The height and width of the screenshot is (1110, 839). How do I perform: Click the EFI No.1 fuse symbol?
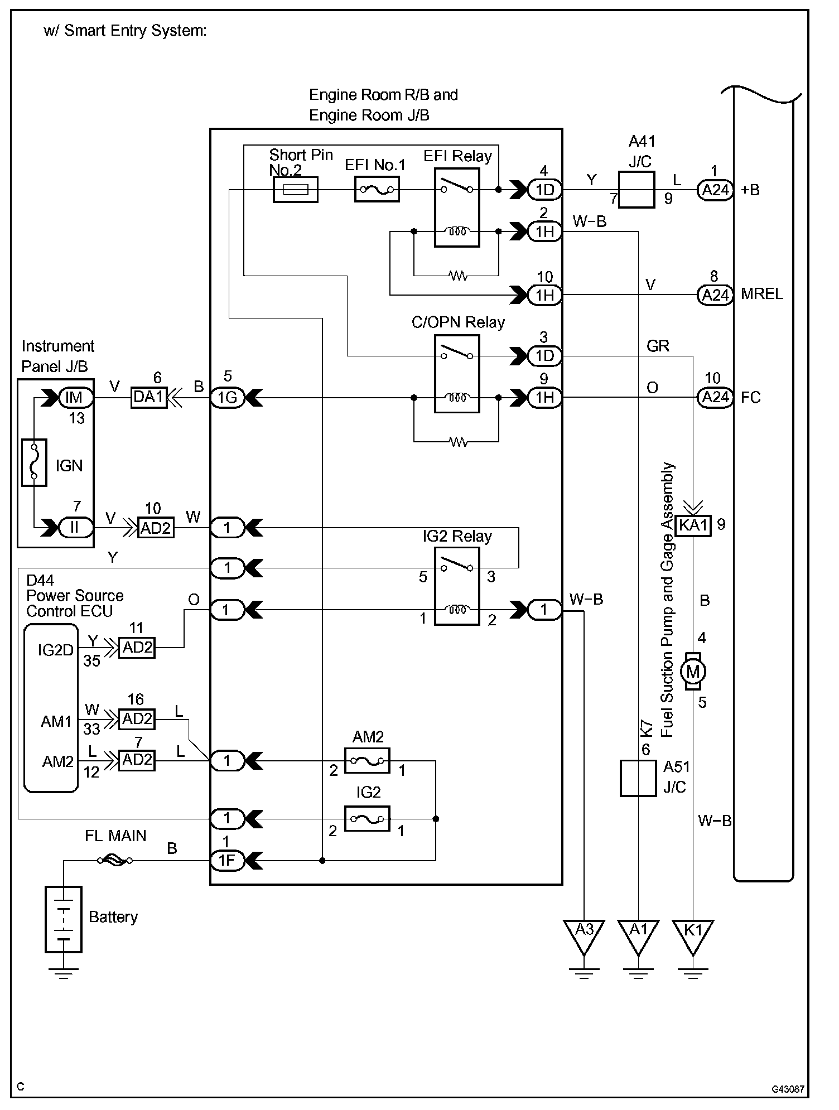click(x=377, y=190)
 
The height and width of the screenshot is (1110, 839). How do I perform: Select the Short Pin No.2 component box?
click(x=295, y=190)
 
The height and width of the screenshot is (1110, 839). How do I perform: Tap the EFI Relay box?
click(x=457, y=208)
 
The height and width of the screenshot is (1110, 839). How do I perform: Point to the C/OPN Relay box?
click(x=457, y=374)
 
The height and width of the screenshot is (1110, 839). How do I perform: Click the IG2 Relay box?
click(x=457, y=586)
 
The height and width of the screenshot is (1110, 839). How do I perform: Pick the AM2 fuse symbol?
click(x=367, y=760)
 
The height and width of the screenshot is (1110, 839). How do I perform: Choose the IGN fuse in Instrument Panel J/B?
click(x=34, y=462)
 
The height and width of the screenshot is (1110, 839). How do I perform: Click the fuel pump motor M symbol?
click(x=693, y=672)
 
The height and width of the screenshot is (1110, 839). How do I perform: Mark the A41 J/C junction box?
click(x=637, y=190)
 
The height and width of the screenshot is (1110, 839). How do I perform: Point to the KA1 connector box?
click(x=693, y=525)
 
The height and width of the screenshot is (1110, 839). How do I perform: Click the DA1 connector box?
click(x=149, y=398)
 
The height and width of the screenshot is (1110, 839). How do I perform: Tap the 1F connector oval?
click(x=226, y=861)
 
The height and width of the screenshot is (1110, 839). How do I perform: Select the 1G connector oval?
click(x=227, y=398)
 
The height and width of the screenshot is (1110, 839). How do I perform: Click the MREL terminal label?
click(x=761, y=294)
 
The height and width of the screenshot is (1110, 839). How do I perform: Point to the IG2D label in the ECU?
click(x=55, y=650)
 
